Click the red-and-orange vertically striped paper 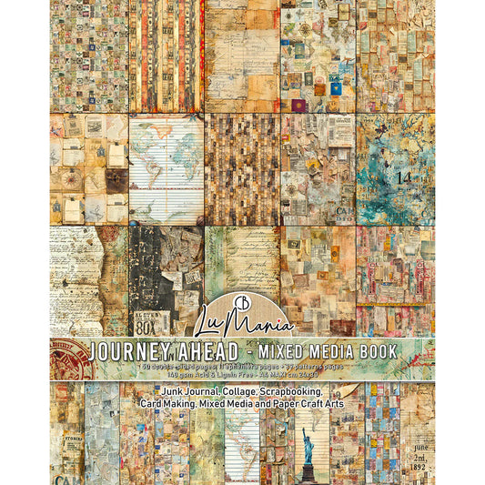(165, 55)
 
